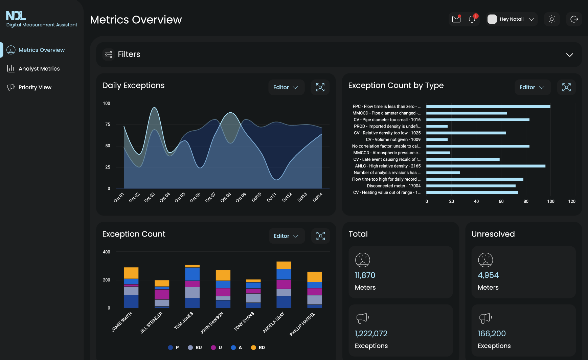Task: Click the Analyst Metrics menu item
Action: (x=39, y=69)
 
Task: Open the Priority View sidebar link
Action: (x=35, y=87)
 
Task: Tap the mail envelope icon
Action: (x=456, y=19)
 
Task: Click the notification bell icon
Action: (x=472, y=19)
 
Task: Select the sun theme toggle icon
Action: (x=552, y=19)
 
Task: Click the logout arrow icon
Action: (x=574, y=19)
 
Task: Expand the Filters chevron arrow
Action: (x=570, y=55)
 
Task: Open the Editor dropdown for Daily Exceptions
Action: (x=286, y=87)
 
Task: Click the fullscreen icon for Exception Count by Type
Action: (x=566, y=87)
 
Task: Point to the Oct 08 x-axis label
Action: (x=226, y=197)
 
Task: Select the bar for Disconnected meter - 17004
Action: (x=471, y=186)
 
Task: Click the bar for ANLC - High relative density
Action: (x=485, y=166)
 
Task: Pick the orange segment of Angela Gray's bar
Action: (x=284, y=265)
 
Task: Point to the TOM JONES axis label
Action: (x=183, y=320)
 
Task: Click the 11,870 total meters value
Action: (x=365, y=275)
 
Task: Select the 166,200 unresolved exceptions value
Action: (x=492, y=334)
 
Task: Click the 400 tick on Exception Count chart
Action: (x=107, y=252)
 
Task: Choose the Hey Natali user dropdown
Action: (x=512, y=19)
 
